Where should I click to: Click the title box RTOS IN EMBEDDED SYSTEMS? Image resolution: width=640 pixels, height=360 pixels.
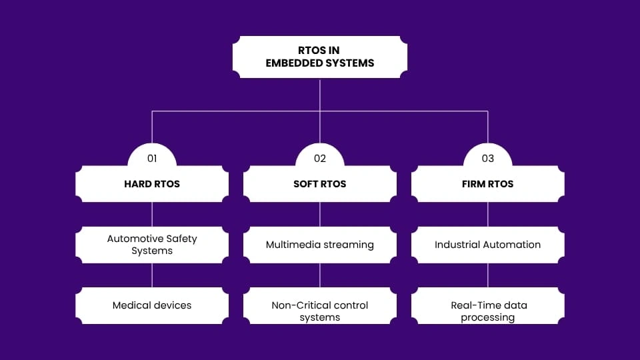coord(320,57)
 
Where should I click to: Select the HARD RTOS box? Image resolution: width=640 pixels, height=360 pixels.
coord(152,184)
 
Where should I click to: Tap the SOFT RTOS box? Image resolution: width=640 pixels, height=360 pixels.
coord(320,184)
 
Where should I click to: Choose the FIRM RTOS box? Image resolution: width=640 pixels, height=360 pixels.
coord(488,184)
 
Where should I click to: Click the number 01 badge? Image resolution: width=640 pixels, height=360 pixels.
coord(152,159)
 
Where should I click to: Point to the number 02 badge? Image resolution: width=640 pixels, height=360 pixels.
coord(320,159)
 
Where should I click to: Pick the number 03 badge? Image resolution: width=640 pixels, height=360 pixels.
coord(488,159)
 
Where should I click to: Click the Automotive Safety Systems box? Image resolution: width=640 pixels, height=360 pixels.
coord(152,245)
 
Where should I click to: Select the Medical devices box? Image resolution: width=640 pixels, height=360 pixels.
coord(152,305)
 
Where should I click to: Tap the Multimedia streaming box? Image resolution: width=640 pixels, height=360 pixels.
coord(320,245)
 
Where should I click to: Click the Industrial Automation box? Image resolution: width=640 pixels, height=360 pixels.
coord(488,245)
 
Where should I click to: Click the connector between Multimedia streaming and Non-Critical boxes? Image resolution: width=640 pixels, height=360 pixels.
coord(320,275)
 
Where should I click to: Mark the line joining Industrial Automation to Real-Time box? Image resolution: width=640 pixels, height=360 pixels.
coord(488,275)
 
